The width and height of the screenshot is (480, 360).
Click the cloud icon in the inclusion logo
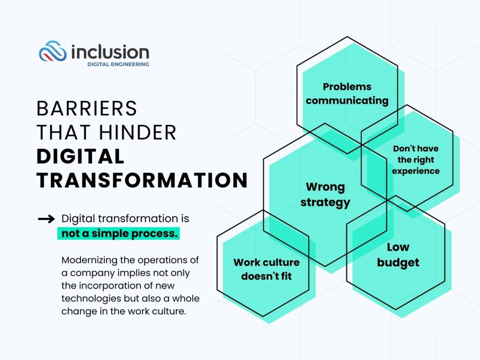[x=52, y=51]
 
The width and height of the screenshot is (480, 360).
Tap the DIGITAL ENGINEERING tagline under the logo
[x=118, y=64]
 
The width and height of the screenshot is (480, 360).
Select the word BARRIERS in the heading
[x=87, y=108]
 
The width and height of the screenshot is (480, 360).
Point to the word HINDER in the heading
[x=138, y=132]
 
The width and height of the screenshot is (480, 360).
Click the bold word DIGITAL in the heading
[x=81, y=156]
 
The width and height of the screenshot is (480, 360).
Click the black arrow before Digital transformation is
[x=46, y=219]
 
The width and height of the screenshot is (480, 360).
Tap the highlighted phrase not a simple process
[x=120, y=233]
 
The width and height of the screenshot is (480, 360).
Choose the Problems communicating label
[x=347, y=94]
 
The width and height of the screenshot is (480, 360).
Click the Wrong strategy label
[x=325, y=195]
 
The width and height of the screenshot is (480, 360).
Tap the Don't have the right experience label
[x=416, y=160]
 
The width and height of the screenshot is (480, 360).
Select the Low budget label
[x=398, y=255]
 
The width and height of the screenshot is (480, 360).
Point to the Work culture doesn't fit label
[x=266, y=269]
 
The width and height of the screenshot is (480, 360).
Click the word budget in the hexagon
[x=398, y=262]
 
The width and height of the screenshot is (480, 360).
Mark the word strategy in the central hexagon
[x=325, y=202]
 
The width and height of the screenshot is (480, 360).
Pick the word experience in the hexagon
[x=416, y=171]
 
